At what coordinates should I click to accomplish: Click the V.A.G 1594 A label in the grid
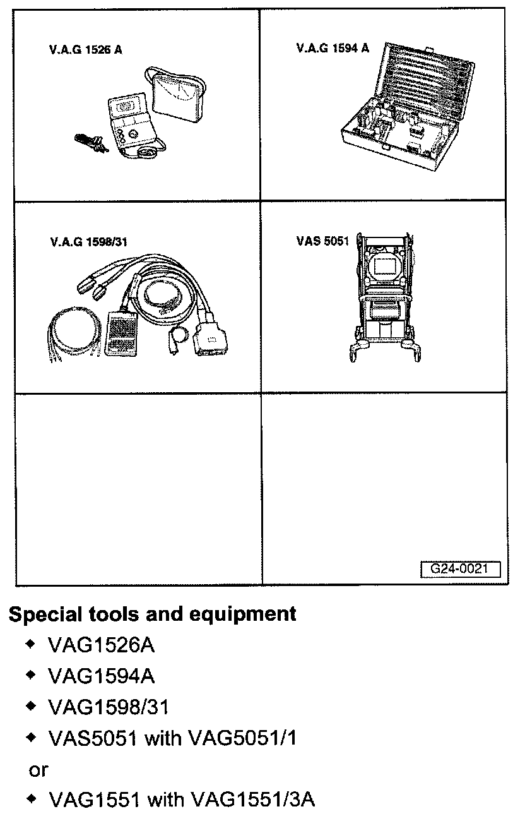coord(333,48)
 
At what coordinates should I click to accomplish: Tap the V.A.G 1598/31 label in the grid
coord(90,241)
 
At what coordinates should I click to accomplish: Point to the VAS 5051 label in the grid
coord(322,241)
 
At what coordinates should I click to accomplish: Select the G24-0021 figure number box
coord(460,568)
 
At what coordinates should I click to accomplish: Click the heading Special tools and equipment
coord(152,614)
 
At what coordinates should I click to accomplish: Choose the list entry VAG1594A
coord(101,676)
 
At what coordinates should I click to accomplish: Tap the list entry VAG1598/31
coord(109,707)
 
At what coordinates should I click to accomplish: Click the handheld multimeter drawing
coord(129,120)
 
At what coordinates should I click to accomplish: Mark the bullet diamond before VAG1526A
coord(30,645)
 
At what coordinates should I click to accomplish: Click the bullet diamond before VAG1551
coord(30,800)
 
